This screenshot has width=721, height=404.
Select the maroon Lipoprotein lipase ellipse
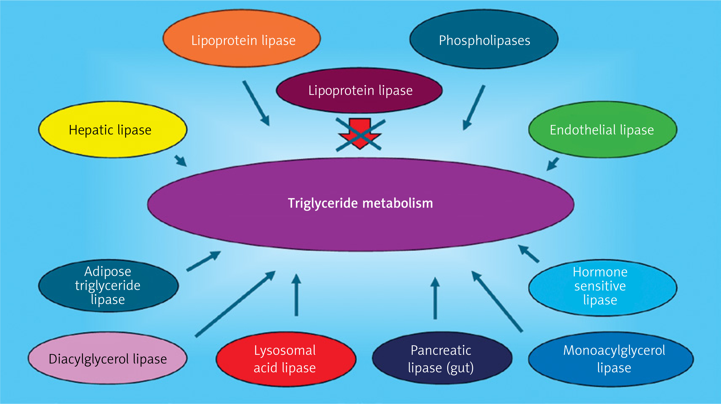point(359,90)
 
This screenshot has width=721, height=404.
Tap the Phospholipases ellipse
point(484,39)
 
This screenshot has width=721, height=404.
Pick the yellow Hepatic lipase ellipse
point(112,129)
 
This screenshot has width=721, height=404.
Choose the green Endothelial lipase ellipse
point(602,129)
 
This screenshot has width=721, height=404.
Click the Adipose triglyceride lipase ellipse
point(108,286)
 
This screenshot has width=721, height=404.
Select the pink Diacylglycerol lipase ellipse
point(108,358)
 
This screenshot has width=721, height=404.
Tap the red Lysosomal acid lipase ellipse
point(286,359)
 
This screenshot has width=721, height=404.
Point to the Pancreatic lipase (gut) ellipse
point(442,358)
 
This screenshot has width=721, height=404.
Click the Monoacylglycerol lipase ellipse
point(611,359)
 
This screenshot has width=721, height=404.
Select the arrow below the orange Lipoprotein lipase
point(256,103)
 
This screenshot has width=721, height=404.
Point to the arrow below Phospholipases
point(474,108)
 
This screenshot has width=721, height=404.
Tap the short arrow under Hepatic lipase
point(181,161)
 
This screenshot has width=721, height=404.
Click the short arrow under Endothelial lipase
point(553,164)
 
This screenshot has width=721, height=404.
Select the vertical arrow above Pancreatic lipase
point(435,298)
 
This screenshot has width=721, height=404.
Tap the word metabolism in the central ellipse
point(398,203)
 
